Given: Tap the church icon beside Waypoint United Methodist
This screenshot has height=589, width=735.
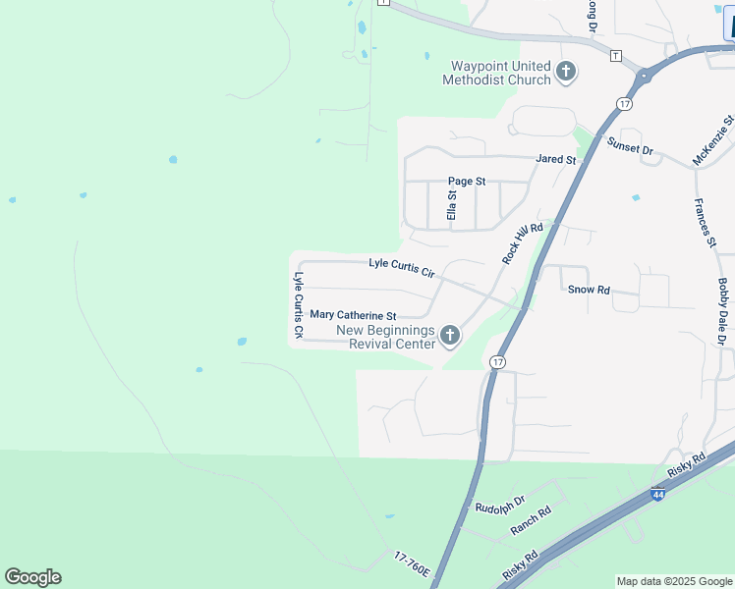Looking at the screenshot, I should click(565, 71).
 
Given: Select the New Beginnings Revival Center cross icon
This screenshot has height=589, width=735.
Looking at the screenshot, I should click(450, 337).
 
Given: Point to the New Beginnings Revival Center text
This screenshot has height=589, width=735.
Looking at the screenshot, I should click(385, 337).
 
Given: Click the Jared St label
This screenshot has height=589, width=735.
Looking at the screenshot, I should click(555, 159).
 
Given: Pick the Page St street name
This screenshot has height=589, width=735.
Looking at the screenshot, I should click(467, 182).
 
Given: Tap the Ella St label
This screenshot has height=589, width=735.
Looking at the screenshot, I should click(452, 205).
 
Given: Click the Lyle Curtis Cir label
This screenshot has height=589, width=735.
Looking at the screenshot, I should click(401, 266).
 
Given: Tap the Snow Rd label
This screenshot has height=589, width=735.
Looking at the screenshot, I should click(590, 290).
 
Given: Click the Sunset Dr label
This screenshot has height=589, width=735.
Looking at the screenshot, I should click(629, 148).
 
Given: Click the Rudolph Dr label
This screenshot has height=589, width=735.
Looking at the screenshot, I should click(500, 508).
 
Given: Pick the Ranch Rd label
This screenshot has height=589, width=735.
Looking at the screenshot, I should click(531, 520).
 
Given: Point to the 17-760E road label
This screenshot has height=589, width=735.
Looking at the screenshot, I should click(412, 570).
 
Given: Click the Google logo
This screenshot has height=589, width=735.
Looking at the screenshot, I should click(32, 577).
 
